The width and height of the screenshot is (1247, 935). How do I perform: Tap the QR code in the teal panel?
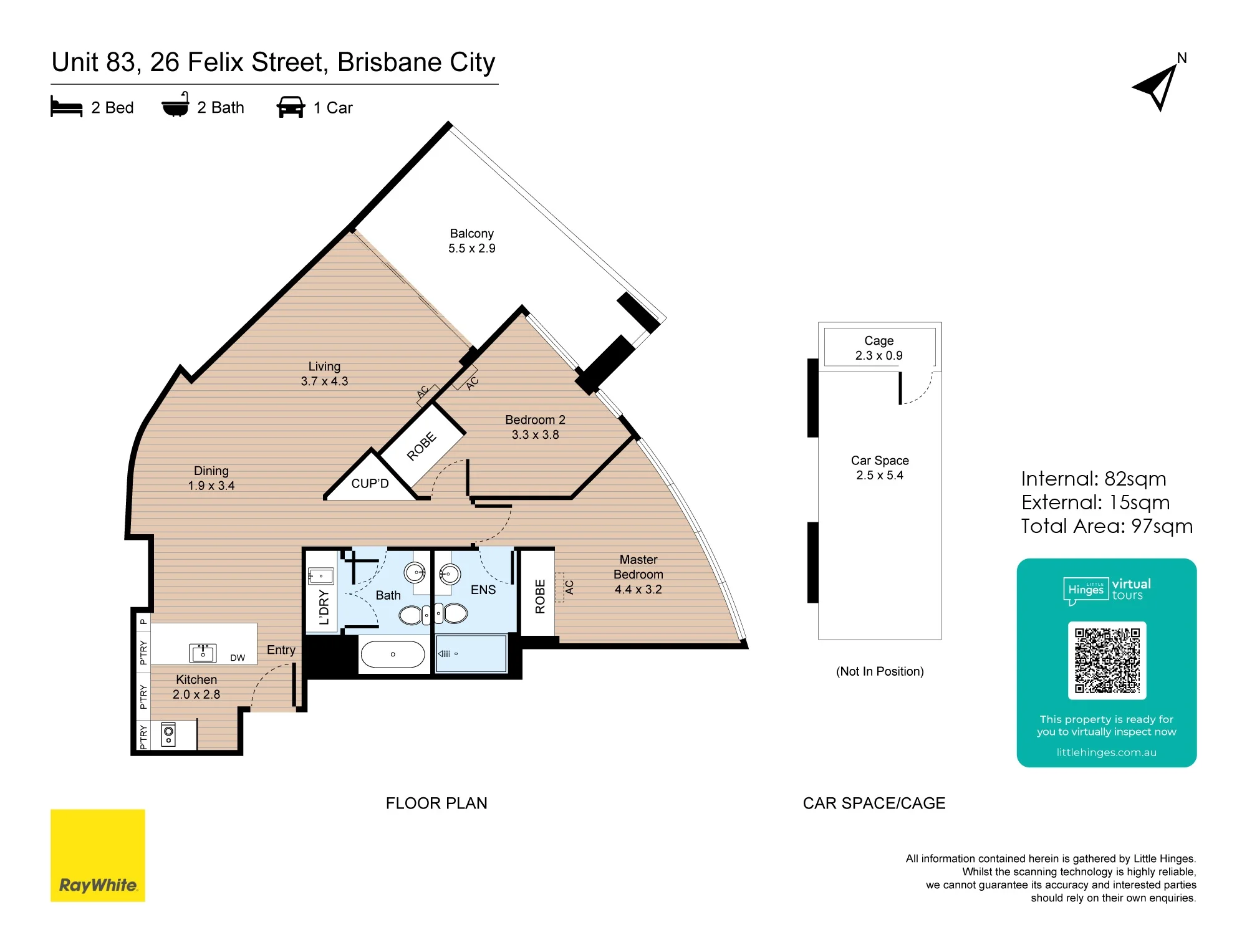coord(1107,660)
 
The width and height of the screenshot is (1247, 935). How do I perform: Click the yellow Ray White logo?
coord(98,855)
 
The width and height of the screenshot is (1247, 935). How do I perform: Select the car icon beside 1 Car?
coord(291,107)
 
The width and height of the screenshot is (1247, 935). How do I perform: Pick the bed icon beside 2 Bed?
coord(66,107)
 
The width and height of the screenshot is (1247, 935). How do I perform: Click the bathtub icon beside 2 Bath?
coord(176,105)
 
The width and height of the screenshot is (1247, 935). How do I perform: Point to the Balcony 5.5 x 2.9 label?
coord(472,241)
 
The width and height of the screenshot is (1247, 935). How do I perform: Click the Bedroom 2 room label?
coord(535,427)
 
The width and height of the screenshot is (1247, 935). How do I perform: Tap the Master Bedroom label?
coord(638,574)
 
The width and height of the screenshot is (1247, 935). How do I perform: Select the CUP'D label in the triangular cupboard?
coord(370,484)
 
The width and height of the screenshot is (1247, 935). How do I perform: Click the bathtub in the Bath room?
coord(393,654)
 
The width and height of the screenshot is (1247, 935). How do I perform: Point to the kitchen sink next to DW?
coord(203,653)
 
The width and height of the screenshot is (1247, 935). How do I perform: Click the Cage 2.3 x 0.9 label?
coord(879,348)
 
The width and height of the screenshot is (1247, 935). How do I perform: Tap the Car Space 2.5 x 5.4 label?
coord(880,467)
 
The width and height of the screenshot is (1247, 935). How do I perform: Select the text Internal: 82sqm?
coord(1094,479)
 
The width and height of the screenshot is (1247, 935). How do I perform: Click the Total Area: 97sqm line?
coord(1107,527)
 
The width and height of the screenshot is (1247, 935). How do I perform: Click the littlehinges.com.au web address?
coord(1106,752)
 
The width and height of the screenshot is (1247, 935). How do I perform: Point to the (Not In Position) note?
coord(880,671)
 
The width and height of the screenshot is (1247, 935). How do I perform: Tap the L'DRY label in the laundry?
coord(324,607)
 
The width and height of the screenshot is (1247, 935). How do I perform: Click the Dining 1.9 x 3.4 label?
coord(211,478)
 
